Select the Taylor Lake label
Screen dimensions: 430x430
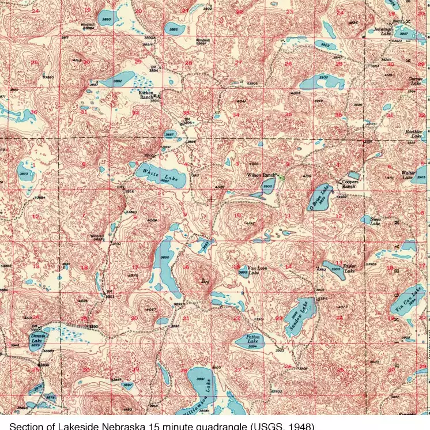click(x=349, y=269)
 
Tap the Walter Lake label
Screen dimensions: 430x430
click(x=409, y=175)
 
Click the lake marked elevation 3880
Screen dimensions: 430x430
click(x=106, y=19)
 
